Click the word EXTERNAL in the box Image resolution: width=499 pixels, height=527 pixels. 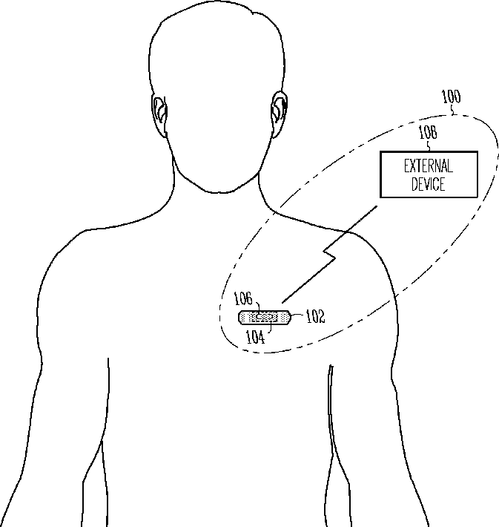tap(429, 166)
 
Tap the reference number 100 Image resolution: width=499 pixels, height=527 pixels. tap(450, 96)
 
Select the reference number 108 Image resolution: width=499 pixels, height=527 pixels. tap(427, 134)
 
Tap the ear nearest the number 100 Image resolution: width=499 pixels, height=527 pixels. tap(279, 110)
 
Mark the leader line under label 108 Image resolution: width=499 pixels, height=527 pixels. tap(428, 145)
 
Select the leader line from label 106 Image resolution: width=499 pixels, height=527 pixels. tap(257, 306)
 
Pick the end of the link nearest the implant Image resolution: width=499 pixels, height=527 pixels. tap(283, 301)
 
